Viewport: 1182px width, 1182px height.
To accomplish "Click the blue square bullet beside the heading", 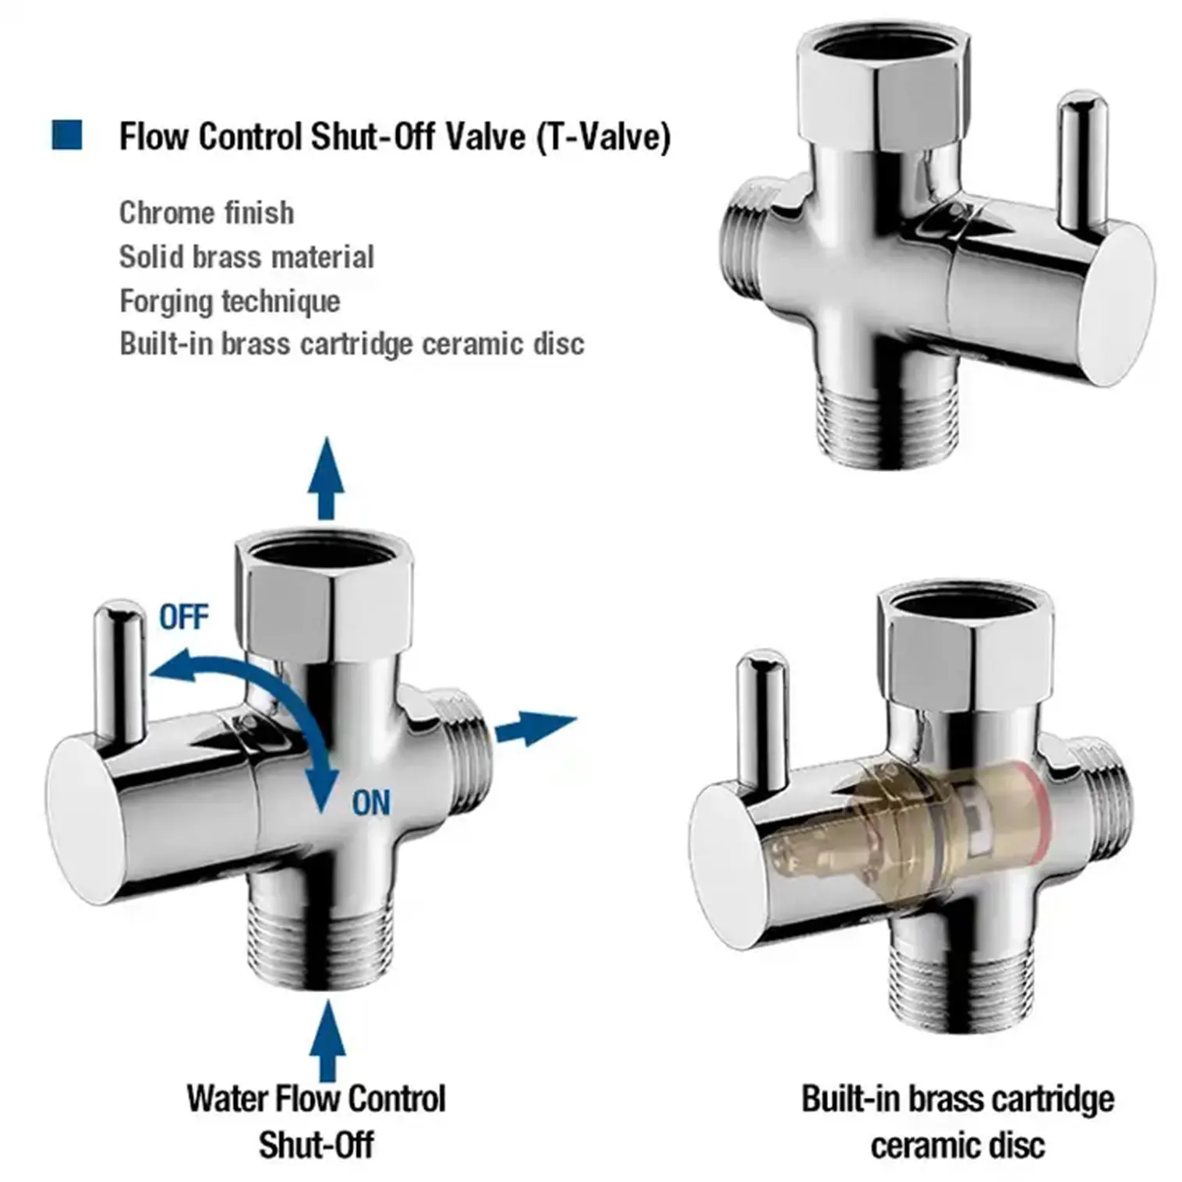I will [67, 135].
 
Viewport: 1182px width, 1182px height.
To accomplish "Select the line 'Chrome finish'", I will [207, 213].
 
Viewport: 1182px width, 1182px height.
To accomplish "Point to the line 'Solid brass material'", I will [246, 257].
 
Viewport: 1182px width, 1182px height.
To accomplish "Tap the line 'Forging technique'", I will [230, 301].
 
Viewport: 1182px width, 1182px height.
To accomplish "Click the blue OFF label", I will [184, 618].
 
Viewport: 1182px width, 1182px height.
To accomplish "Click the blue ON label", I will [370, 802].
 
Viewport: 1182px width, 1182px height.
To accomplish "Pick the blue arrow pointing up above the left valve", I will [326, 478].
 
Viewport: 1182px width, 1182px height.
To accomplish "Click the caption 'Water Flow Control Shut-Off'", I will [317, 1121].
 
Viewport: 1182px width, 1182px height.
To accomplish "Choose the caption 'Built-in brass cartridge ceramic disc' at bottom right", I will [957, 1121].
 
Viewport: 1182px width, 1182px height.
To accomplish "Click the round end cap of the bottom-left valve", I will [86, 819].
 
